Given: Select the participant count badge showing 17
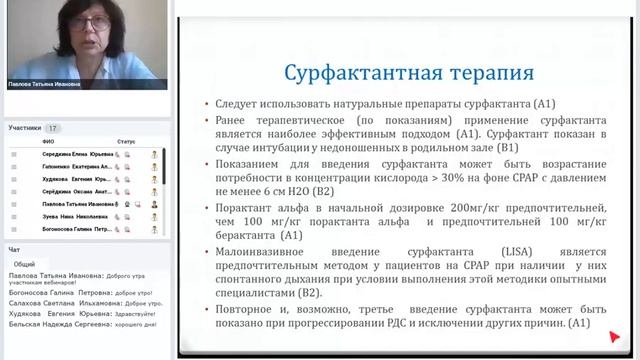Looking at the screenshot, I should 53,128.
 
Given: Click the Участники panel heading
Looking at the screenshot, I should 25,128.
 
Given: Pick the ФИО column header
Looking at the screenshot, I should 48,142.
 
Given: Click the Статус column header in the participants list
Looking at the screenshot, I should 126,142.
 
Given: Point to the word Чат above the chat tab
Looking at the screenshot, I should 14,249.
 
